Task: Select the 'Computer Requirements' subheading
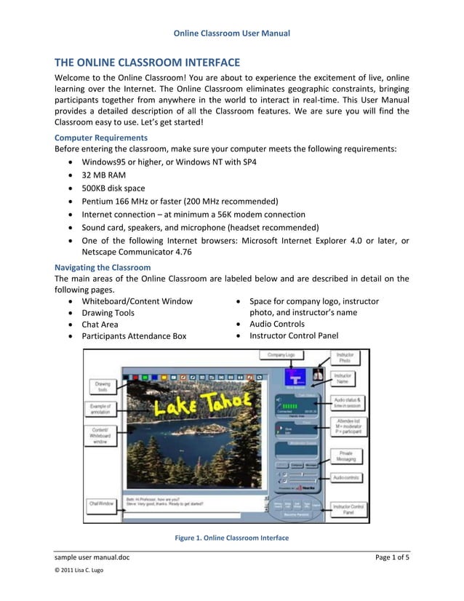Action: pos(101,138)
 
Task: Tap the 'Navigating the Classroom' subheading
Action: pos(103,267)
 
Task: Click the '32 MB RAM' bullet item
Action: pos(104,175)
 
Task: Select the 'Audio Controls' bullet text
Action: pos(277,324)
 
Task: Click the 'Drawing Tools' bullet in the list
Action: pos(108,313)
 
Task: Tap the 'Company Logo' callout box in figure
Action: pos(280,354)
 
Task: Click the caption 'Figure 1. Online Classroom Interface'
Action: pos(231,538)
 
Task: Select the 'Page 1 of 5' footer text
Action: pos(392,558)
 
